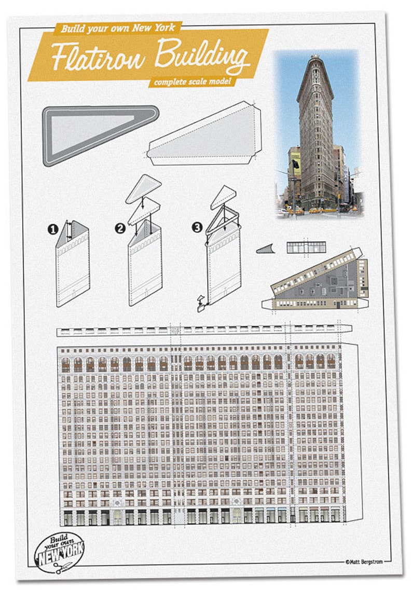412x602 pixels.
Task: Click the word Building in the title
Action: (x=201, y=56)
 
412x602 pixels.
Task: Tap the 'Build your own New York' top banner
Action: (x=118, y=29)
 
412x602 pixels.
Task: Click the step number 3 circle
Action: (x=197, y=227)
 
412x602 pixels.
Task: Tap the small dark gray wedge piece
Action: (x=264, y=250)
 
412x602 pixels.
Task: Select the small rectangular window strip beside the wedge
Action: (x=306, y=247)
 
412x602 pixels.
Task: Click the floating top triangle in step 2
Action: (x=143, y=188)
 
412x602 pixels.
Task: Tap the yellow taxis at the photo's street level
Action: (x=306, y=211)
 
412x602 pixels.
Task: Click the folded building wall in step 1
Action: (x=73, y=265)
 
